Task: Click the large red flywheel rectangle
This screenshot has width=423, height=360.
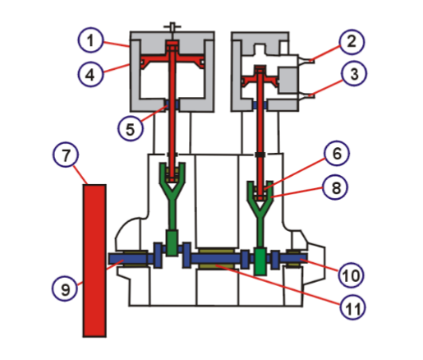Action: pyautogui.click(x=95, y=259)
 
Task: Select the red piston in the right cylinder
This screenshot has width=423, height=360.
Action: pyautogui.click(x=261, y=82)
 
